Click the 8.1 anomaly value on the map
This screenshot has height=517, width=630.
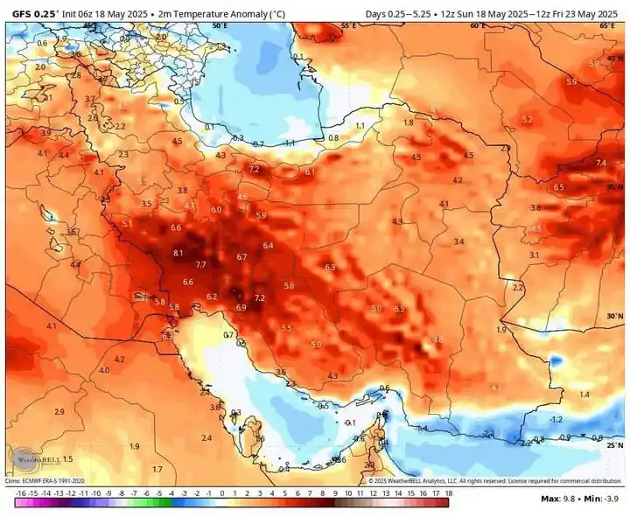click(x=178, y=253)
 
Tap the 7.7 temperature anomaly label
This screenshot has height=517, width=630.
click(x=200, y=264)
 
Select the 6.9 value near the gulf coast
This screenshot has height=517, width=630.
click(x=241, y=308)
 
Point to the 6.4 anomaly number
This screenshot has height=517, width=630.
click(x=268, y=246)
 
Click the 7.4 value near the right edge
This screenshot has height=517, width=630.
click(x=600, y=163)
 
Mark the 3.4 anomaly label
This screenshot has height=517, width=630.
click(x=458, y=241)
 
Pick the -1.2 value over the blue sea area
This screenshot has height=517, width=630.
click(x=556, y=420)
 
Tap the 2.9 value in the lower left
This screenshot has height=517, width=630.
click(x=59, y=411)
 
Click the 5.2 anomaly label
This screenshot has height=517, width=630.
click(x=526, y=119)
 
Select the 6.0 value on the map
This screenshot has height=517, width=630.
click(x=216, y=210)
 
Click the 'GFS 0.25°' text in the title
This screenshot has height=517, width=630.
click(x=34, y=14)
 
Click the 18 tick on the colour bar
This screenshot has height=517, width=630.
click(x=447, y=493)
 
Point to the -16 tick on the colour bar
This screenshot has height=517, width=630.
click(x=19, y=493)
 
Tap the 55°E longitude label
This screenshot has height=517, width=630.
click(x=346, y=25)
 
